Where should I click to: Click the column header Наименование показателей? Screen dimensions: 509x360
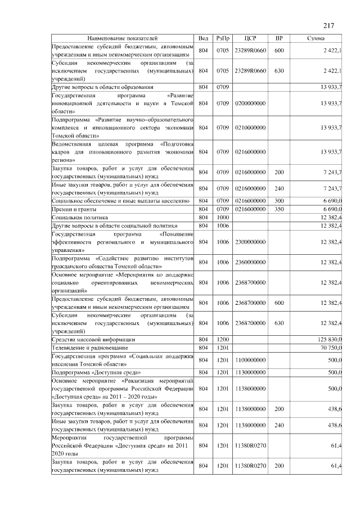pos(122,38)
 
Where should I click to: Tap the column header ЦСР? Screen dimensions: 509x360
pos(251,38)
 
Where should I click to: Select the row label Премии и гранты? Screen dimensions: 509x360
pos(74,209)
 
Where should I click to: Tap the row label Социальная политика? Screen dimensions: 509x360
pos(79,217)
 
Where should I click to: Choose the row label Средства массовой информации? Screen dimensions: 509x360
pos(93,340)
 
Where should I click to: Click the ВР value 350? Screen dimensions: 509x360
pos(279,209)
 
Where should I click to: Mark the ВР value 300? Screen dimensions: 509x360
pos(279,201)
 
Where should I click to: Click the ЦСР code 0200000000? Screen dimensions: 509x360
pos(251,103)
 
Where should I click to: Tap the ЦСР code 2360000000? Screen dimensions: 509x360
pos(251,262)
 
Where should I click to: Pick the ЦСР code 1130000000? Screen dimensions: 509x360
pos(251,372)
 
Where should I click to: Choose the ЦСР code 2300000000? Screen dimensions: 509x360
pos(251,241)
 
